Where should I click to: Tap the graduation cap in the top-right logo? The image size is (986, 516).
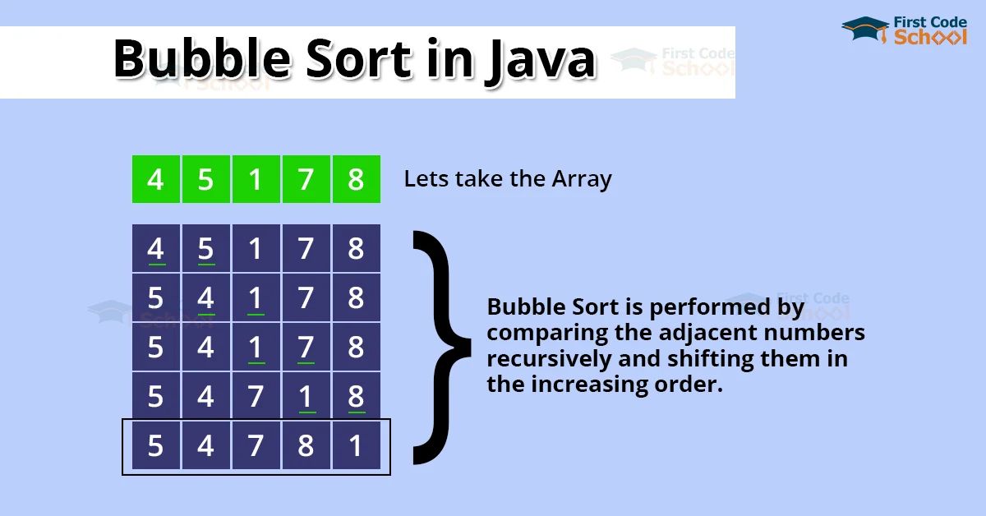tap(865, 30)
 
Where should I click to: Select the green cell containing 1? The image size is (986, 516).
tap(256, 179)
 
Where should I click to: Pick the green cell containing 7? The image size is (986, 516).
tap(306, 179)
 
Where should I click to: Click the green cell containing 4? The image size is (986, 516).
tap(155, 179)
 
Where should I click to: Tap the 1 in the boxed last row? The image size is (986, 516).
tap(356, 445)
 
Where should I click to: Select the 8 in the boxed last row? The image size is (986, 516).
tap(306, 445)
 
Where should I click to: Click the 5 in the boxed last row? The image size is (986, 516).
tap(155, 445)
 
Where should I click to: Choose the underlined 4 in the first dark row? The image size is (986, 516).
tap(155, 248)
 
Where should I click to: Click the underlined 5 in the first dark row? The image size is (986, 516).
tap(205, 248)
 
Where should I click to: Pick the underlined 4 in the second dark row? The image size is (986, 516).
tap(205, 297)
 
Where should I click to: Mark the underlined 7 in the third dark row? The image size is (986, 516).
tap(306, 347)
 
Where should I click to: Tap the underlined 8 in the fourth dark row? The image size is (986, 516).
tap(356, 396)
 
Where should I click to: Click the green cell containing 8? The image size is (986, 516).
tap(356, 179)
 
